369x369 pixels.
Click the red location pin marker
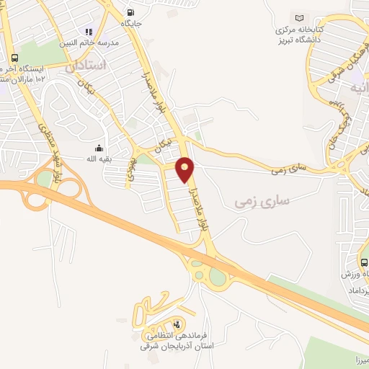pos(185,169)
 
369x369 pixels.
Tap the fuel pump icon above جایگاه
pos(130,12)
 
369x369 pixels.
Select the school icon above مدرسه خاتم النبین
pos(89,32)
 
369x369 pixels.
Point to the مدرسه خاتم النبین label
pos(88,42)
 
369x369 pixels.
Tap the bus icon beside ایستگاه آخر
pos(14,58)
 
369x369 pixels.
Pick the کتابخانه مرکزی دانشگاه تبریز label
pos(299,32)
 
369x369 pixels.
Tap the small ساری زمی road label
pos(289,171)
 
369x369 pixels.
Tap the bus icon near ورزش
pos(364,263)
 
